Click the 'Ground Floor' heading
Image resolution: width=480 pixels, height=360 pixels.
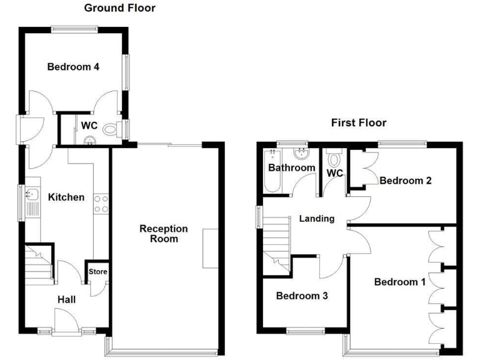120,8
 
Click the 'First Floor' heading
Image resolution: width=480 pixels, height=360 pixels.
359,122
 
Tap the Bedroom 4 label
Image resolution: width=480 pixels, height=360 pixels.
74,67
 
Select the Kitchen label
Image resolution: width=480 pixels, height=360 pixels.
66,197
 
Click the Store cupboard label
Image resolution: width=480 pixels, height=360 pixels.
98,272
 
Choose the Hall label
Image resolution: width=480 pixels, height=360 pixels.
66,300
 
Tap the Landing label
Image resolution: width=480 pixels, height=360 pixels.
317,219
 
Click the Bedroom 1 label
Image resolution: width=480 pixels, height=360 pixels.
400,282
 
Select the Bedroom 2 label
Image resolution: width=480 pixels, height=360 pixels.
406,181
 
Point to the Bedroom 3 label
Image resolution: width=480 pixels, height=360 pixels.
302,296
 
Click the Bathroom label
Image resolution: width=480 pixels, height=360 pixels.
292,168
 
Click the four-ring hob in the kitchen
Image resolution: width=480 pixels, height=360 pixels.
101,203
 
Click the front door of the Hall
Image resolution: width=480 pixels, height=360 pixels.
66,323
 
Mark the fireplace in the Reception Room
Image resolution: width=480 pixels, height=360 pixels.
210,248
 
